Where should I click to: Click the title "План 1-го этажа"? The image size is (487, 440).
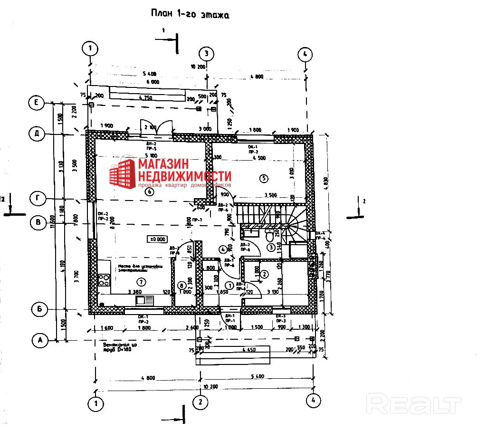coord(190,14)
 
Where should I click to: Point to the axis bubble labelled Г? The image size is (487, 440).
coord(38,198)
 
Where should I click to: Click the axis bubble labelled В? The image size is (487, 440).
coord(38,222)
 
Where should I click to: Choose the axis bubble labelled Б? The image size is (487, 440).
coord(40,309)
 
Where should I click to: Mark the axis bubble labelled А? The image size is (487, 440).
coord(40,340)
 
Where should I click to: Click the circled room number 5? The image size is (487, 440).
coord(265,178)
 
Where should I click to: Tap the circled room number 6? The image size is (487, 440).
coord(150,192)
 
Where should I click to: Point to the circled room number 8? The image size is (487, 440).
coord(181,285)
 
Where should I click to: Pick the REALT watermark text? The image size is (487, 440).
coord(415,405)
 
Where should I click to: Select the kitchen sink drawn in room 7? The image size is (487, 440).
coord(145,300)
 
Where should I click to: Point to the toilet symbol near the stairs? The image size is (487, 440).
coord(271,235)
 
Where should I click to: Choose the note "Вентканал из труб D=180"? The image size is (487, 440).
coord(119,347)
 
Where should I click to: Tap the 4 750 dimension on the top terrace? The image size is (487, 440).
coord(147,98)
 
